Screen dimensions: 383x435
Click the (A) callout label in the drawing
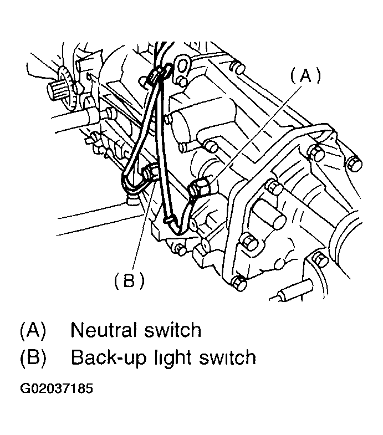305,76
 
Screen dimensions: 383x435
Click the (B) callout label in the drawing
129,281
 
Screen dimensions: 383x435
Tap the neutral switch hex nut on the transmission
200,188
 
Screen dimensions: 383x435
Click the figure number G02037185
57,388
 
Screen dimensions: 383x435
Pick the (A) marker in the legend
33,330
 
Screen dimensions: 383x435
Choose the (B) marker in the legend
33,358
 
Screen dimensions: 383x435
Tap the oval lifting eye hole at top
182,66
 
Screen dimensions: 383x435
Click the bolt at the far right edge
354,164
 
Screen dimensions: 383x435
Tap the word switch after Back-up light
228,357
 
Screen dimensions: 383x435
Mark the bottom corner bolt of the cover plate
238,283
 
